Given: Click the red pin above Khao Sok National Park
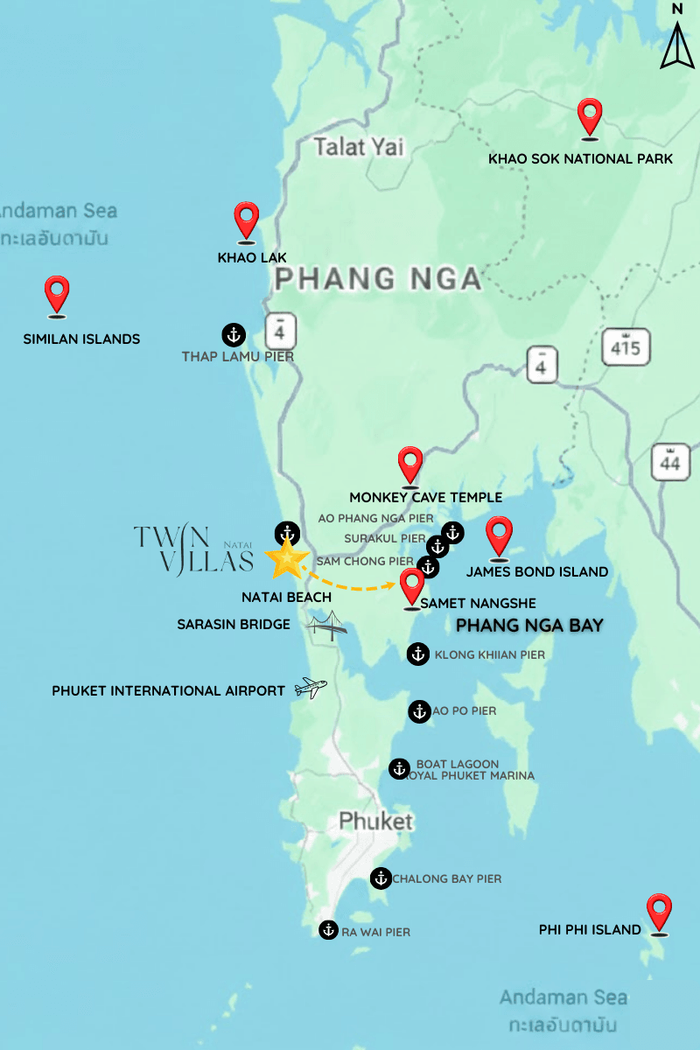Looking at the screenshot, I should tap(591, 117).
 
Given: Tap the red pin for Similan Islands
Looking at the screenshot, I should tap(57, 294).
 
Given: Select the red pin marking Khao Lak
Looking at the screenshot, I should tap(247, 220).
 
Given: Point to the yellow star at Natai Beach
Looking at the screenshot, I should tap(287, 559).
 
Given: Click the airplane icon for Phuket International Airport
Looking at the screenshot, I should tap(311, 689).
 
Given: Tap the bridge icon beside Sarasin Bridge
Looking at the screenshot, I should tap(327, 626).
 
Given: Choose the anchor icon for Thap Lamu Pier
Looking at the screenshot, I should tap(233, 333).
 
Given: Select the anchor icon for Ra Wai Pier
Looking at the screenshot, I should tap(328, 930).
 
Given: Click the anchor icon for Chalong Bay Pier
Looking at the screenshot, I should tap(381, 878).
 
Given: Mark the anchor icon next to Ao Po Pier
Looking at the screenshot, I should tap(419, 710).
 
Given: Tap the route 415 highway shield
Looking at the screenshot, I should tap(626, 347).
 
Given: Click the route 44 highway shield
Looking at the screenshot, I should tap(671, 461).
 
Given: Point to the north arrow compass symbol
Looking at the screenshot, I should tap(677, 38).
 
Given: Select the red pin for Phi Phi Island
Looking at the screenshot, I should tap(658, 913).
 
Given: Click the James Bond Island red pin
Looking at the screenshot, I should tap(499, 535).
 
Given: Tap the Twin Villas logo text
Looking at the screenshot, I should tap(194, 549).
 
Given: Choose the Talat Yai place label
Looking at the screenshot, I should tap(359, 147).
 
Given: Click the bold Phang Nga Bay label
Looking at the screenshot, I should tap(530, 626).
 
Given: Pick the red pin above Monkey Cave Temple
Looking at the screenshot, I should tap(410, 465).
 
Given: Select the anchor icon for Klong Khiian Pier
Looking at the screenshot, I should tap(418, 654).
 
